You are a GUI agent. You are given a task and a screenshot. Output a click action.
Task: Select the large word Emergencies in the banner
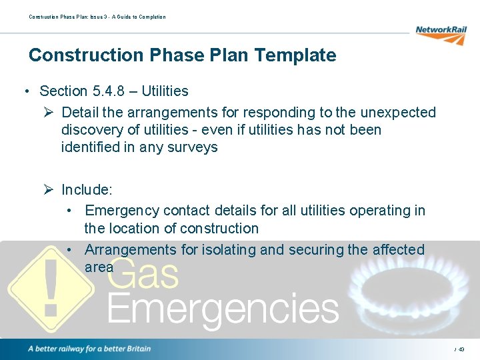(x=223, y=309)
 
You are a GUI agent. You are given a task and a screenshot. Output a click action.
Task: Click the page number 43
(x=461, y=349)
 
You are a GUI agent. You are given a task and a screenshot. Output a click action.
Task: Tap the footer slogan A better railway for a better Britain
(x=89, y=349)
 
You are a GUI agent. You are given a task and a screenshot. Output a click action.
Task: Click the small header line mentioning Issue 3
(x=97, y=17)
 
